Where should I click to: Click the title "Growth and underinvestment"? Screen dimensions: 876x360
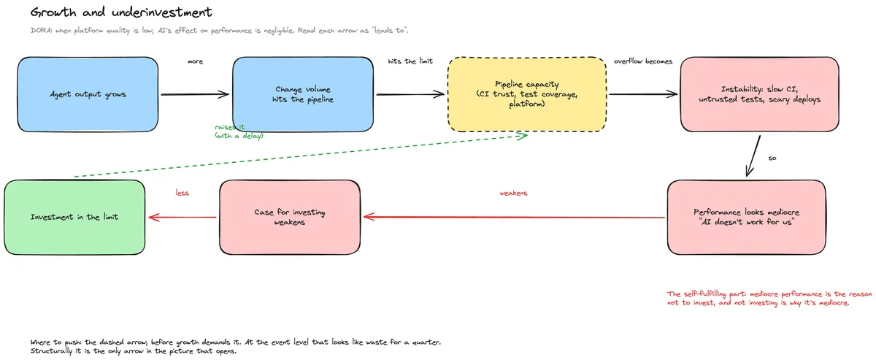point(121,12)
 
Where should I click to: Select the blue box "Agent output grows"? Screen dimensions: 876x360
point(88,94)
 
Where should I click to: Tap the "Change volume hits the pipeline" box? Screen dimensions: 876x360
point(303,94)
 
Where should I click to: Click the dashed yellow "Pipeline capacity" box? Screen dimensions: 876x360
point(527,94)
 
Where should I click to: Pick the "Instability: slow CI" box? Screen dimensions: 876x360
point(759,94)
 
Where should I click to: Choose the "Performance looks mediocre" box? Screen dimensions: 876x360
point(747,217)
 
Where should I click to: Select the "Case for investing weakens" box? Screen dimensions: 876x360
point(290,217)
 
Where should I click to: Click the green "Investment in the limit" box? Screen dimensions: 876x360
point(74,217)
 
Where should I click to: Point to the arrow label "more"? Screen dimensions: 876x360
point(195,61)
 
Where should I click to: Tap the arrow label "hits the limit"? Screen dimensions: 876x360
point(410,61)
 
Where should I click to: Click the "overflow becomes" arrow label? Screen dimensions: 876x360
point(643,61)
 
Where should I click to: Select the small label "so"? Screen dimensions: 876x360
point(772,158)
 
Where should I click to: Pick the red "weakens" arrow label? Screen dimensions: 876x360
point(513,193)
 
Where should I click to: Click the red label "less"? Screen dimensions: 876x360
point(182,193)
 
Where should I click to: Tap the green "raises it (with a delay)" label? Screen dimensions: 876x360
point(239,131)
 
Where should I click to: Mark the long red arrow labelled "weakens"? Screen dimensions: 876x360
point(514,217)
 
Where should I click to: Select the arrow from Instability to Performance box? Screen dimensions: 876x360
point(753,156)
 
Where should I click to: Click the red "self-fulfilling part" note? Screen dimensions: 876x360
point(769,298)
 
